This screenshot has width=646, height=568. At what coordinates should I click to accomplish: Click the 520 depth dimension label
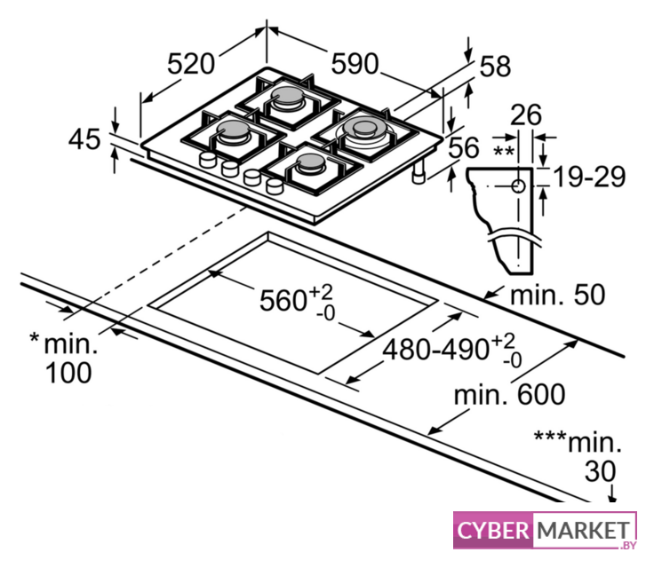point(191,64)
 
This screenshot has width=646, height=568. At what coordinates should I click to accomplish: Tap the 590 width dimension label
point(355,64)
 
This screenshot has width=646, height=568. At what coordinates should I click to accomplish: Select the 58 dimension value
point(495,66)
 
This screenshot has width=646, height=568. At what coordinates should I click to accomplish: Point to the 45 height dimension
point(84,138)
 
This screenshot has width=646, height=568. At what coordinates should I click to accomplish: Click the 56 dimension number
point(464,147)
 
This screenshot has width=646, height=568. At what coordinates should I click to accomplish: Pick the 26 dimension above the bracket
point(526,114)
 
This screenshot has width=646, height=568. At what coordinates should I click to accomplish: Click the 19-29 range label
point(589,177)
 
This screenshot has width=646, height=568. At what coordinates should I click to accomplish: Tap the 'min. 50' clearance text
point(558,295)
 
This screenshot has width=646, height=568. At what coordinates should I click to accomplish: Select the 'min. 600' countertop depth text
point(510,394)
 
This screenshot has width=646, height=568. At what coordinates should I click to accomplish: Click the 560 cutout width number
point(283,300)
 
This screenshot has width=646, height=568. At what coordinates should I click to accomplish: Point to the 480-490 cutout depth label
point(435,350)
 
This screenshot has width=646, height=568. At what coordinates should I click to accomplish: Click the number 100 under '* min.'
point(68,373)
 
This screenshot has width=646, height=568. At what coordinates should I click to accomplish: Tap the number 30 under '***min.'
point(601,471)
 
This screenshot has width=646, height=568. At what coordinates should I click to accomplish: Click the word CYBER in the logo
point(493,530)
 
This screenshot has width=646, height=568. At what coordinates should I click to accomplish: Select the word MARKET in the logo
point(584,530)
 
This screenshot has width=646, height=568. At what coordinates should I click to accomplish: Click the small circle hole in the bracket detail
point(518,186)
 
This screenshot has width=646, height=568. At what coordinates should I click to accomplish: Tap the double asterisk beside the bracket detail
point(504,151)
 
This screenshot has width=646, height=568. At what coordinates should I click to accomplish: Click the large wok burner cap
point(363,128)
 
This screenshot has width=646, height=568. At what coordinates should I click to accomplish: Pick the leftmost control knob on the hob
point(207,159)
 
